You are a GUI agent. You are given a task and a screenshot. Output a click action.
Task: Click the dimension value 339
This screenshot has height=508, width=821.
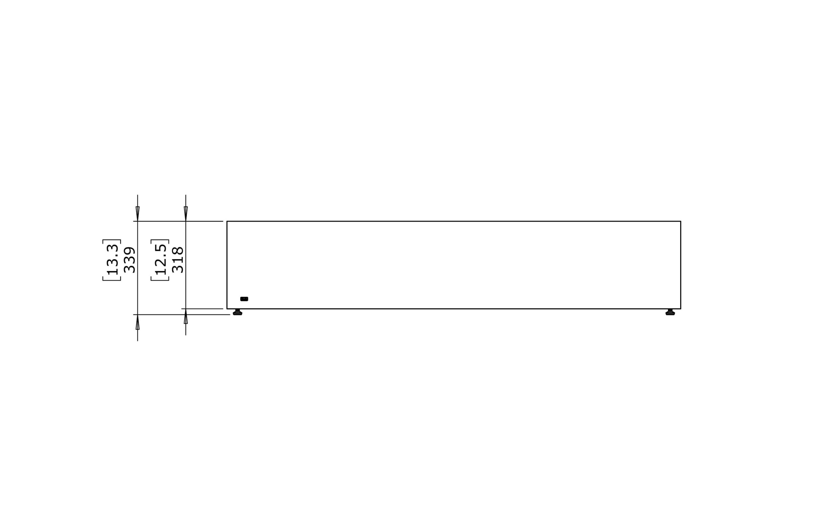pyautogui.click(x=129, y=260)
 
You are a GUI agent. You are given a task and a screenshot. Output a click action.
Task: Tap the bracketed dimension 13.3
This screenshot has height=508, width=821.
pyautogui.click(x=112, y=260)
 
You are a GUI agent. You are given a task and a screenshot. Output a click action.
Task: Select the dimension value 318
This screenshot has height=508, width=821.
pyautogui.click(x=178, y=260)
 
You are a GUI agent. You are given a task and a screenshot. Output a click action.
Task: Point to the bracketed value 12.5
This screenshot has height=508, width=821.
pyautogui.click(x=160, y=260)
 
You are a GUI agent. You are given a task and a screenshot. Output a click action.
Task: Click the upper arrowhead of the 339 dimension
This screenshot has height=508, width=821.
pyautogui.click(x=138, y=214)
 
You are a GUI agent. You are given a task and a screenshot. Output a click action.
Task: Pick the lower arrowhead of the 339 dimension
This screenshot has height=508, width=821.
pyautogui.click(x=138, y=322)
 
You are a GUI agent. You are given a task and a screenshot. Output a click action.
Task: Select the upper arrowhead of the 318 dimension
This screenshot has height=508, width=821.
pyautogui.click(x=186, y=214)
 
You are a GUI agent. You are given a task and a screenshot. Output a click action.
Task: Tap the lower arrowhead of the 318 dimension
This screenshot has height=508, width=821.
pyautogui.click(x=186, y=316)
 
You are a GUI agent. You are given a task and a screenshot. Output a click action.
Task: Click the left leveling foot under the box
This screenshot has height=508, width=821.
pyautogui.click(x=238, y=312)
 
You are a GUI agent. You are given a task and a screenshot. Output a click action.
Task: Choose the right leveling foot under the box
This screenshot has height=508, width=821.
pyautogui.click(x=670, y=312)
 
